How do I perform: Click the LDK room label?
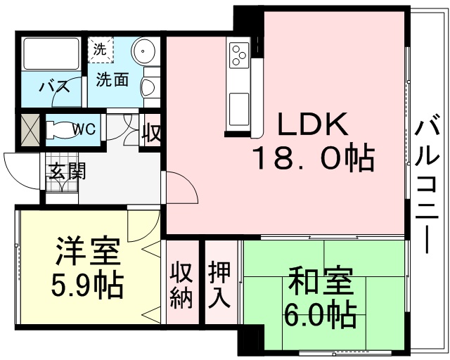[314, 124]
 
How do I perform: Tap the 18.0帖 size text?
[313, 159]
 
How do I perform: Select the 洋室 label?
[88, 250]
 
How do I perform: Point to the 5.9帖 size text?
[87, 285]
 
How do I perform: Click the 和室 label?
[321, 282]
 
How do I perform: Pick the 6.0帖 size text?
[321, 314]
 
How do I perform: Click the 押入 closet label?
[219, 284]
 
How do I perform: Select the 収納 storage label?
[181, 285]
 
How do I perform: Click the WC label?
[84, 129]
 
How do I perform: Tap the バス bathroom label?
[55, 86]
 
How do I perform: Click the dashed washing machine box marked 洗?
[101, 50]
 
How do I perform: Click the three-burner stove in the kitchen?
[239, 55]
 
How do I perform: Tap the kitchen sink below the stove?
[239, 109]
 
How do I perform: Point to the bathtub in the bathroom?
[51, 53]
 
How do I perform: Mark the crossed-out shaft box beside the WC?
[30, 130]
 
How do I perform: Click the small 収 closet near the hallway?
[153, 130]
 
